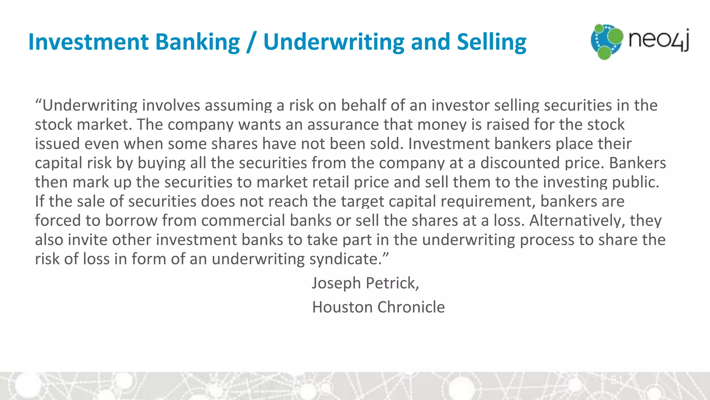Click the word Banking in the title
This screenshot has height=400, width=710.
point(197,42)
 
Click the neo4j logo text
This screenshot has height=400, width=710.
point(659,40)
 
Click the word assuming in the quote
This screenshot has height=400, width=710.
point(238,106)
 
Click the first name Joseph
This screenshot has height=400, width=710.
point(336,283)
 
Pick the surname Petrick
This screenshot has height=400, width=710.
point(392,283)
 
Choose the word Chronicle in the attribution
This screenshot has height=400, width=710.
point(411,307)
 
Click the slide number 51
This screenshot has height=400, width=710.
point(617,380)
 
